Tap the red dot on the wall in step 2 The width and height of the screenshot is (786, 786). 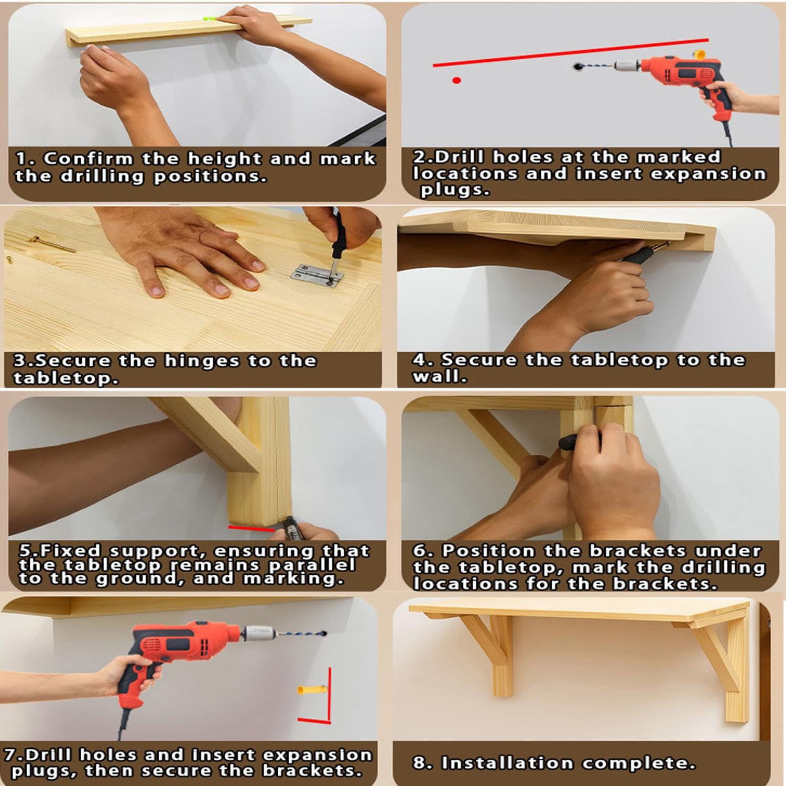point(456,80)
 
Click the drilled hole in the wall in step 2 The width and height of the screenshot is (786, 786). point(577,67)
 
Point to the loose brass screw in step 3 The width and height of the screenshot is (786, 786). point(52,244)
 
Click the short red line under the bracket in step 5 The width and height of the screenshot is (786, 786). point(251,528)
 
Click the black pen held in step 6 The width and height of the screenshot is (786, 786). point(570,442)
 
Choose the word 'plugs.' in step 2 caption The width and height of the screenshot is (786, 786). point(455,190)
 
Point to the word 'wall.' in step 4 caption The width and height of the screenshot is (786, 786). point(439,376)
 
